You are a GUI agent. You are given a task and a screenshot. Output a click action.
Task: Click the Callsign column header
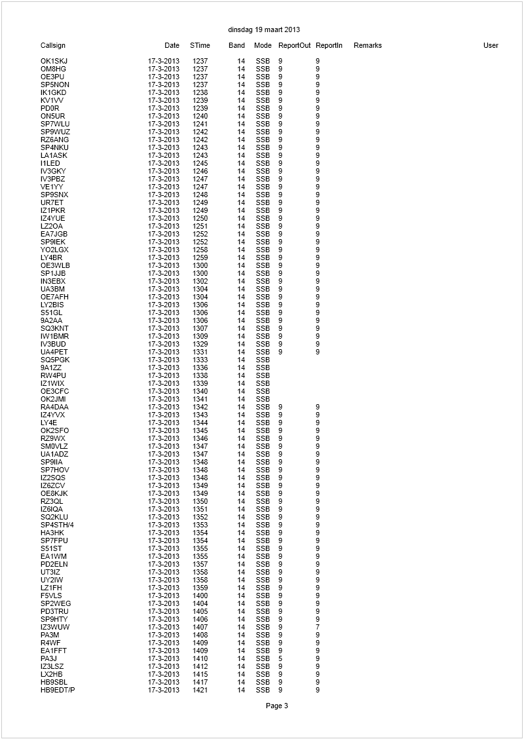[53, 46]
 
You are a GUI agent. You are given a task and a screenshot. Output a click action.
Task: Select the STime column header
[200, 46]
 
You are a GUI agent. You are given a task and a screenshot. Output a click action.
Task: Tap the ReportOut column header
[294, 46]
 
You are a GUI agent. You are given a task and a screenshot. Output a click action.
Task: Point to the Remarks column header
[367, 46]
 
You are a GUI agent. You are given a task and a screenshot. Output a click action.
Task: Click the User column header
[491, 46]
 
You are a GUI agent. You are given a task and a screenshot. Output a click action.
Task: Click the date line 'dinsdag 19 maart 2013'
[264, 30]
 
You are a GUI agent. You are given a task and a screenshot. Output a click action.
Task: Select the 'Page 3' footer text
[276, 706]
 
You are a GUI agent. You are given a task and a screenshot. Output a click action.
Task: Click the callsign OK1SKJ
[54, 62]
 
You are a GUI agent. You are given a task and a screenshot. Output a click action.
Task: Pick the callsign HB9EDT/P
[58, 691]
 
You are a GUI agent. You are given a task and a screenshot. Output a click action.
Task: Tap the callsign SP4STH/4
[58, 525]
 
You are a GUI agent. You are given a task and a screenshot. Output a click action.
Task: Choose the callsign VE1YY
[52, 187]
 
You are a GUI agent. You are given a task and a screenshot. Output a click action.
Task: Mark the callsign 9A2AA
[51, 321]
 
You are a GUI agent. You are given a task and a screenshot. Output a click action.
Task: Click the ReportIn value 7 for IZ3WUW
[318, 628]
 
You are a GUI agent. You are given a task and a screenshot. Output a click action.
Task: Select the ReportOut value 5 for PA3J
[280, 659]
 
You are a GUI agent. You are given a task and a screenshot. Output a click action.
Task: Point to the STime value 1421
[200, 691]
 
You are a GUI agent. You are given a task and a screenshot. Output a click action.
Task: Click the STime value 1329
[200, 345]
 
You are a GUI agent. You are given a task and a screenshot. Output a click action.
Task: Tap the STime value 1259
[200, 258]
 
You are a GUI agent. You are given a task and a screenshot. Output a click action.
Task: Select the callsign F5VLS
[51, 596]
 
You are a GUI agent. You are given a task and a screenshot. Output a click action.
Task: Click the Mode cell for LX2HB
[263, 675]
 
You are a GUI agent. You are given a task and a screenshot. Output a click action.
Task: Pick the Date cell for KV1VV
[164, 101]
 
